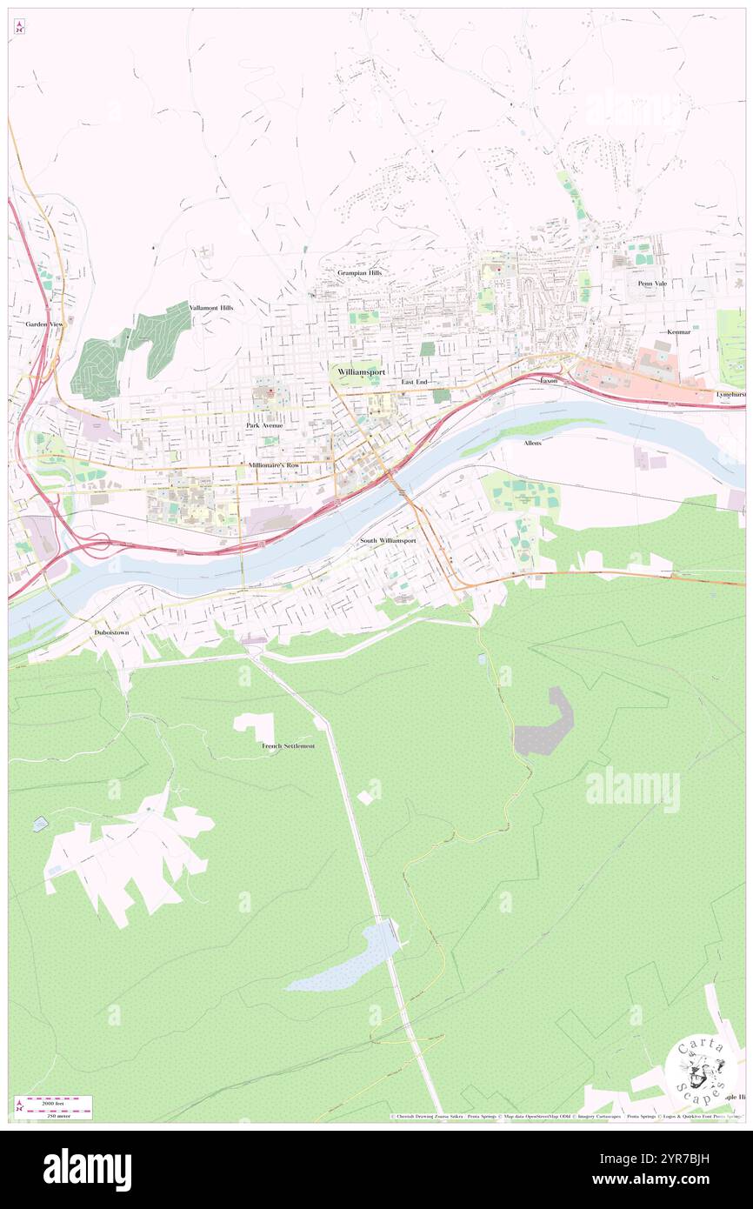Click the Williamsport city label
(x=361, y=371)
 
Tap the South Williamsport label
(x=388, y=540)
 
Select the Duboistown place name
(x=112, y=632)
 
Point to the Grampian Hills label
(x=359, y=272)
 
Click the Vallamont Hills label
(x=211, y=308)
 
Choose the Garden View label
(x=43, y=324)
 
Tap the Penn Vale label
(x=651, y=283)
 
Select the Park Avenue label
(x=264, y=425)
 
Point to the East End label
(x=414, y=382)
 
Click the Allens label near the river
(x=532, y=443)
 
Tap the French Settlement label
(x=288, y=746)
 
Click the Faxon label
(x=548, y=381)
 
